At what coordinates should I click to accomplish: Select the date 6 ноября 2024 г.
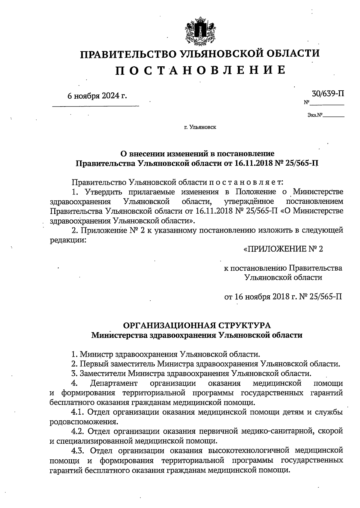click(x=97, y=96)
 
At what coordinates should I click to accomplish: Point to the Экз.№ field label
click(x=315, y=115)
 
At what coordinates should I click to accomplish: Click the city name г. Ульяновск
click(x=200, y=127)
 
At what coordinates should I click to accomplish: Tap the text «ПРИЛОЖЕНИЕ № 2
click(x=283, y=249)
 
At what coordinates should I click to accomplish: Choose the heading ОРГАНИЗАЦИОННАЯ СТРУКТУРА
click(x=197, y=325)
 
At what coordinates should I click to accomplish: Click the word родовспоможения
click(x=82, y=422)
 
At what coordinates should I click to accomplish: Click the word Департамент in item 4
click(x=114, y=383)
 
